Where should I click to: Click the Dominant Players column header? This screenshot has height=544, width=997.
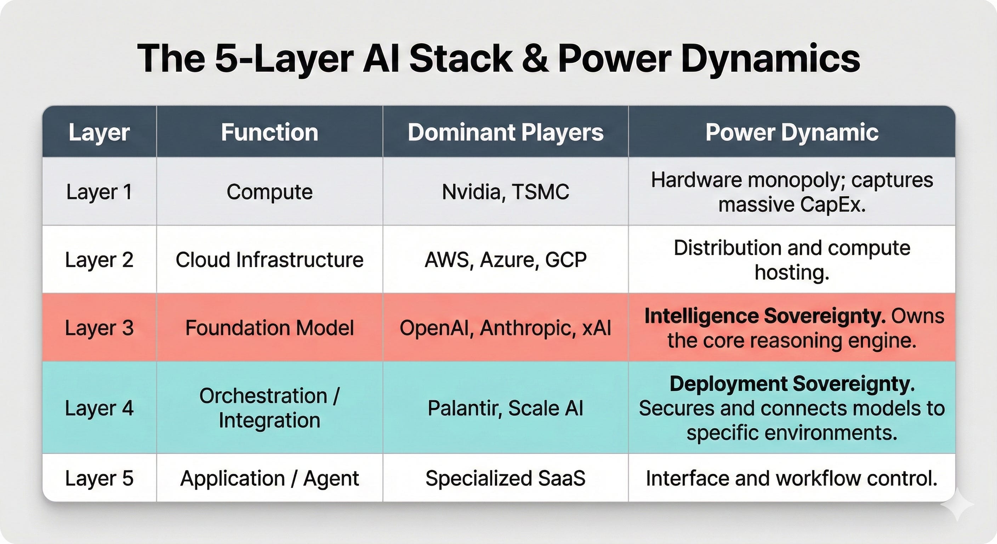tap(505, 132)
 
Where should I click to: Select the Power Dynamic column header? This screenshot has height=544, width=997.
tap(792, 132)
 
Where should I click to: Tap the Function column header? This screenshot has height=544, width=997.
tap(269, 132)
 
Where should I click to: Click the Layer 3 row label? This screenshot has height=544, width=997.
tap(99, 328)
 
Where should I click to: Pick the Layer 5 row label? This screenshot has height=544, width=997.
tap(99, 478)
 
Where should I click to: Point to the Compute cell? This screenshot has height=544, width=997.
tap(269, 192)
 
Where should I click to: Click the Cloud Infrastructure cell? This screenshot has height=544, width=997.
tap(269, 259)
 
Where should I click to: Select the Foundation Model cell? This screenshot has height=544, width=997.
tap(269, 328)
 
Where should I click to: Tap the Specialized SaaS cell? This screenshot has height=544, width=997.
tap(505, 478)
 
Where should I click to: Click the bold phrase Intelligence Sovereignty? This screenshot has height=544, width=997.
tap(765, 316)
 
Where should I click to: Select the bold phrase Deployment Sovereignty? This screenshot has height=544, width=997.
tap(792, 384)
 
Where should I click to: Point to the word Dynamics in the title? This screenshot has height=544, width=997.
tap(770, 59)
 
